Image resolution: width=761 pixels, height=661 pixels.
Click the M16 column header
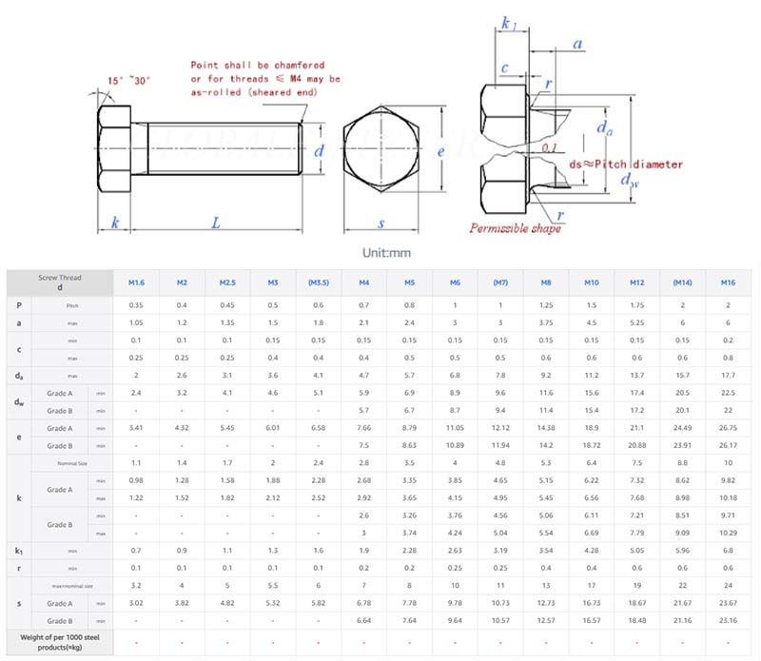tap(728, 282)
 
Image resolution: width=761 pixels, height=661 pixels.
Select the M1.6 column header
tap(136, 282)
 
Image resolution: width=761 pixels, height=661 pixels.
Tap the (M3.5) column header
tap(319, 282)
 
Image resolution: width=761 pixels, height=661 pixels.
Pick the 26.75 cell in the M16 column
tap(728, 427)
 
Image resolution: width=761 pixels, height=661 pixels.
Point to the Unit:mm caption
tap(386, 252)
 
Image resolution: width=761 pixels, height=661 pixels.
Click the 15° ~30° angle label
tap(129, 81)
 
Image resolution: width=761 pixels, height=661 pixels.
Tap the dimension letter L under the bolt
tap(216, 223)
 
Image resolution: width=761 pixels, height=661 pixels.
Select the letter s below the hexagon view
tap(380, 224)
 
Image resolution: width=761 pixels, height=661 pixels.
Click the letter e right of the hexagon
tap(440, 150)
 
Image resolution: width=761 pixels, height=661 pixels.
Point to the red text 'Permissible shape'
tap(513, 227)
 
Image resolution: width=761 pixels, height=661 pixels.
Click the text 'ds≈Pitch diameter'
tap(625, 165)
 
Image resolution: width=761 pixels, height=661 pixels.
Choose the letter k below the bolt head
tap(115, 223)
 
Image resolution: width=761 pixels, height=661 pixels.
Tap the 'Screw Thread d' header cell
tap(59, 282)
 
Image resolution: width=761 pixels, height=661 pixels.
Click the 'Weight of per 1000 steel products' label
tap(59, 640)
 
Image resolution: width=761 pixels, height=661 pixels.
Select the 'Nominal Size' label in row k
tap(69, 462)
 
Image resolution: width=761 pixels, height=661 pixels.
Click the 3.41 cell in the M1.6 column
tap(136, 427)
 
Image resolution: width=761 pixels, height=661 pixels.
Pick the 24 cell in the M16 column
tap(728, 585)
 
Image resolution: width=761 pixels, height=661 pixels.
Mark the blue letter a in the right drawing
tap(577, 44)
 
